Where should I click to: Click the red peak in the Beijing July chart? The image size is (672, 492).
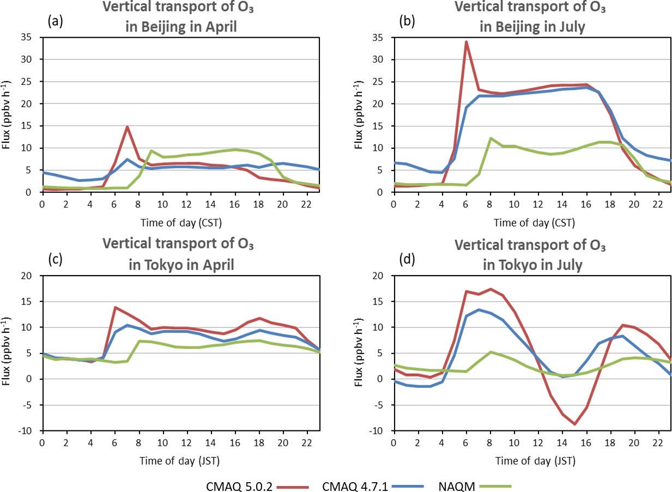point(466,42)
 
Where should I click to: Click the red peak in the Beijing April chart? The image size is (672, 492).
point(126,127)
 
